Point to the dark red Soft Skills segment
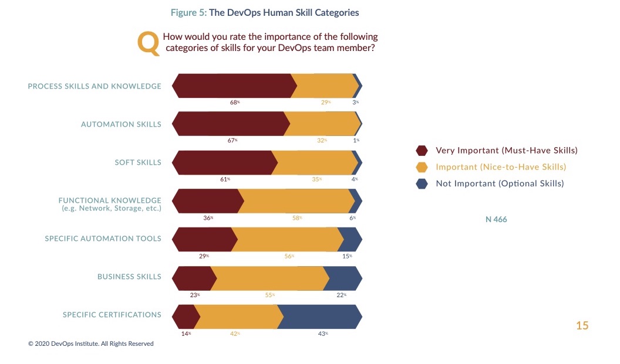click(x=223, y=162)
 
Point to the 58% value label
click(x=297, y=217)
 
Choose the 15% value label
click(x=347, y=256)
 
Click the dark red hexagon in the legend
click(x=422, y=151)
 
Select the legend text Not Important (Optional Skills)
click(x=500, y=183)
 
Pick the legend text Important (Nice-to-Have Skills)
click(x=501, y=167)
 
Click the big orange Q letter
click(x=148, y=45)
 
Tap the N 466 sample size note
click(x=496, y=220)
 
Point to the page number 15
click(x=582, y=326)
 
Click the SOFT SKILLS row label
click(x=138, y=162)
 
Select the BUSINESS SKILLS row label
click(x=129, y=277)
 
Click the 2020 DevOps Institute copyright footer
click(x=91, y=343)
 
